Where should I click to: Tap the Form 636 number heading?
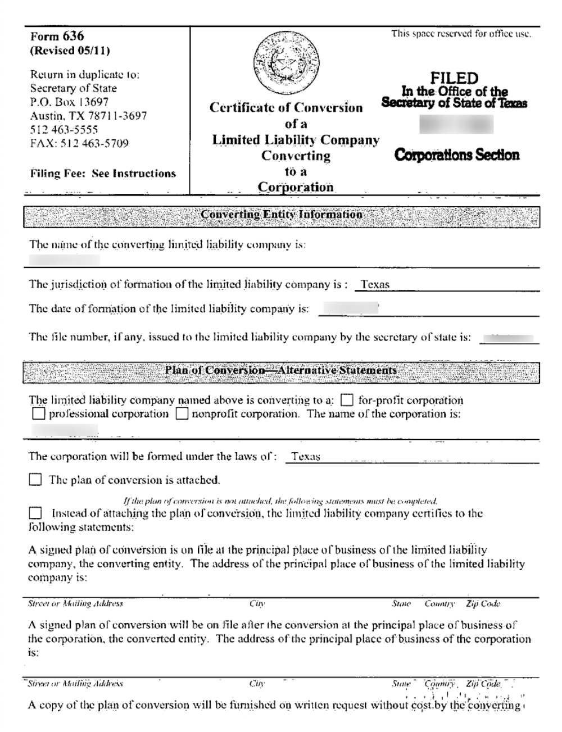click(x=57, y=37)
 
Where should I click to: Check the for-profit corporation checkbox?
click(x=348, y=401)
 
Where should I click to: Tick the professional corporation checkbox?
click(x=38, y=415)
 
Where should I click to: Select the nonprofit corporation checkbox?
click(x=182, y=415)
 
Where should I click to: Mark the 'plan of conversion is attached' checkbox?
click(x=35, y=480)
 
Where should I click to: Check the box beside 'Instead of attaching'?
click(x=35, y=513)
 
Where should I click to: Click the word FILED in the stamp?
click(x=454, y=78)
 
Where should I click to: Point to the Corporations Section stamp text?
click(x=457, y=154)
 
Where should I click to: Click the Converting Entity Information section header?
click(x=281, y=215)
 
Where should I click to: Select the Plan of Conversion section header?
click(x=281, y=371)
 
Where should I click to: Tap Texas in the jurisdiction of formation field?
click(x=375, y=284)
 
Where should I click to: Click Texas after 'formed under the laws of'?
click(x=306, y=457)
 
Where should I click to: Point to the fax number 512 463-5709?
click(x=79, y=143)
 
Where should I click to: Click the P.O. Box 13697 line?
click(x=69, y=102)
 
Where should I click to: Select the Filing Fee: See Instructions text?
click(x=103, y=174)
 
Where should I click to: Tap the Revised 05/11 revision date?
click(x=70, y=51)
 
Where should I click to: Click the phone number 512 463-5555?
click(x=64, y=130)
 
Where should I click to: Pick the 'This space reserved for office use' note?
click(x=461, y=34)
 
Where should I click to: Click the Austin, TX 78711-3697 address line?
click(x=88, y=116)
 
